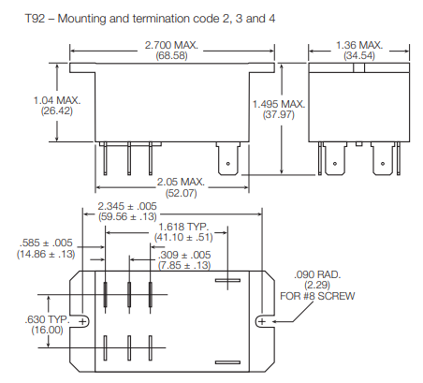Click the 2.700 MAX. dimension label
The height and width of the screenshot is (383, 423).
(x=171, y=45)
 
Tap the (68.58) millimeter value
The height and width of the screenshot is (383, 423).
(x=171, y=56)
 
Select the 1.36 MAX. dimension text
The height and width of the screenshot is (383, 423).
(x=359, y=45)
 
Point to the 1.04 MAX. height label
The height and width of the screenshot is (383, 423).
(x=57, y=100)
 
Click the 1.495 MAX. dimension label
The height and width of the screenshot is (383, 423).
(x=279, y=104)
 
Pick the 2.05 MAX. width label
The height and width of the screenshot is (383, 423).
(x=181, y=182)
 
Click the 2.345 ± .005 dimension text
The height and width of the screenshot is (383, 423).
(x=127, y=206)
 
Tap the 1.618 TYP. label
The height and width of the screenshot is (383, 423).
(x=183, y=227)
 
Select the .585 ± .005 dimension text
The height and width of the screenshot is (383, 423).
(x=46, y=243)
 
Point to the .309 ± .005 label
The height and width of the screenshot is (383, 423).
(x=184, y=255)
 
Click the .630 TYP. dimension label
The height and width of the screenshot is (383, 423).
(x=47, y=319)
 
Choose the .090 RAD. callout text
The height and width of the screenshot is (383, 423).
(x=317, y=274)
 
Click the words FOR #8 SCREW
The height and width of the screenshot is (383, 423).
(x=317, y=296)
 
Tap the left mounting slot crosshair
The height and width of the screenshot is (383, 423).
(x=82, y=321)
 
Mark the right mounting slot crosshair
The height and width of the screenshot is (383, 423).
(x=262, y=321)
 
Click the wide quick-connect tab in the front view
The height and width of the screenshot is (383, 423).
(x=228, y=158)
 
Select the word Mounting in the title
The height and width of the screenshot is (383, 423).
(x=82, y=19)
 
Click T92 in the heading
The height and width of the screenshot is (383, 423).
(x=35, y=19)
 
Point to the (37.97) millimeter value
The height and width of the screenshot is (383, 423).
(x=279, y=114)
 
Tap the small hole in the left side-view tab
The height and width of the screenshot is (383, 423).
(x=335, y=164)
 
